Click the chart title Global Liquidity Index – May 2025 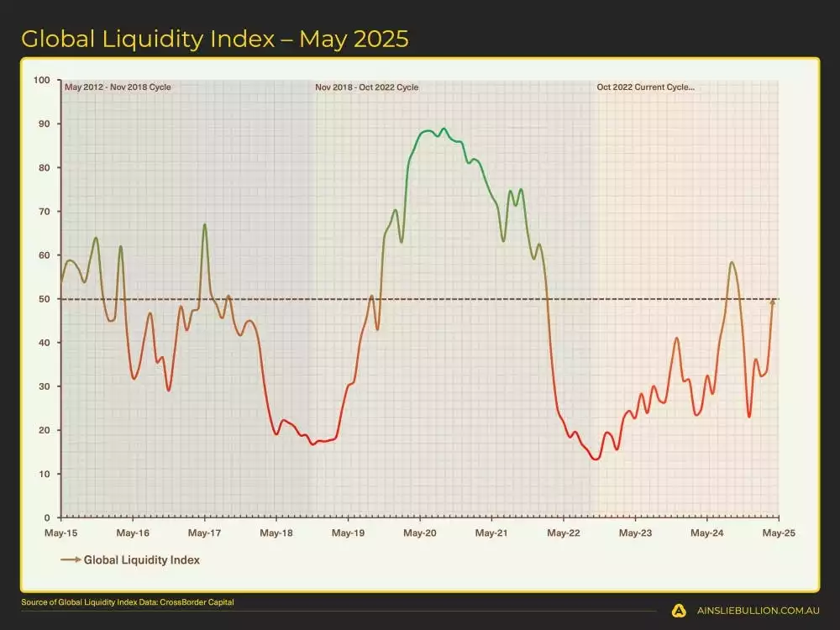click(x=215, y=39)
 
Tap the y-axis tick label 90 click(x=42, y=123)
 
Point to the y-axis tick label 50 click(x=42, y=299)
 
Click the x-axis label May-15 click(x=61, y=533)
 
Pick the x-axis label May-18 click(x=276, y=533)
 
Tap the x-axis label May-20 click(x=420, y=533)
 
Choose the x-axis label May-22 click(x=564, y=533)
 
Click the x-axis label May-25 click(x=779, y=533)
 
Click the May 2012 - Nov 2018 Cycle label click(x=118, y=87)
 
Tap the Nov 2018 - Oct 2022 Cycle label click(x=367, y=87)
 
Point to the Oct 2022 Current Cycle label click(x=645, y=87)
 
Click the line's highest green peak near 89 click(x=444, y=129)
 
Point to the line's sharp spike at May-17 click(x=205, y=224)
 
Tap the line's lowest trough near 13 click(x=596, y=459)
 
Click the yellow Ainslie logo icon click(x=680, y=611)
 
